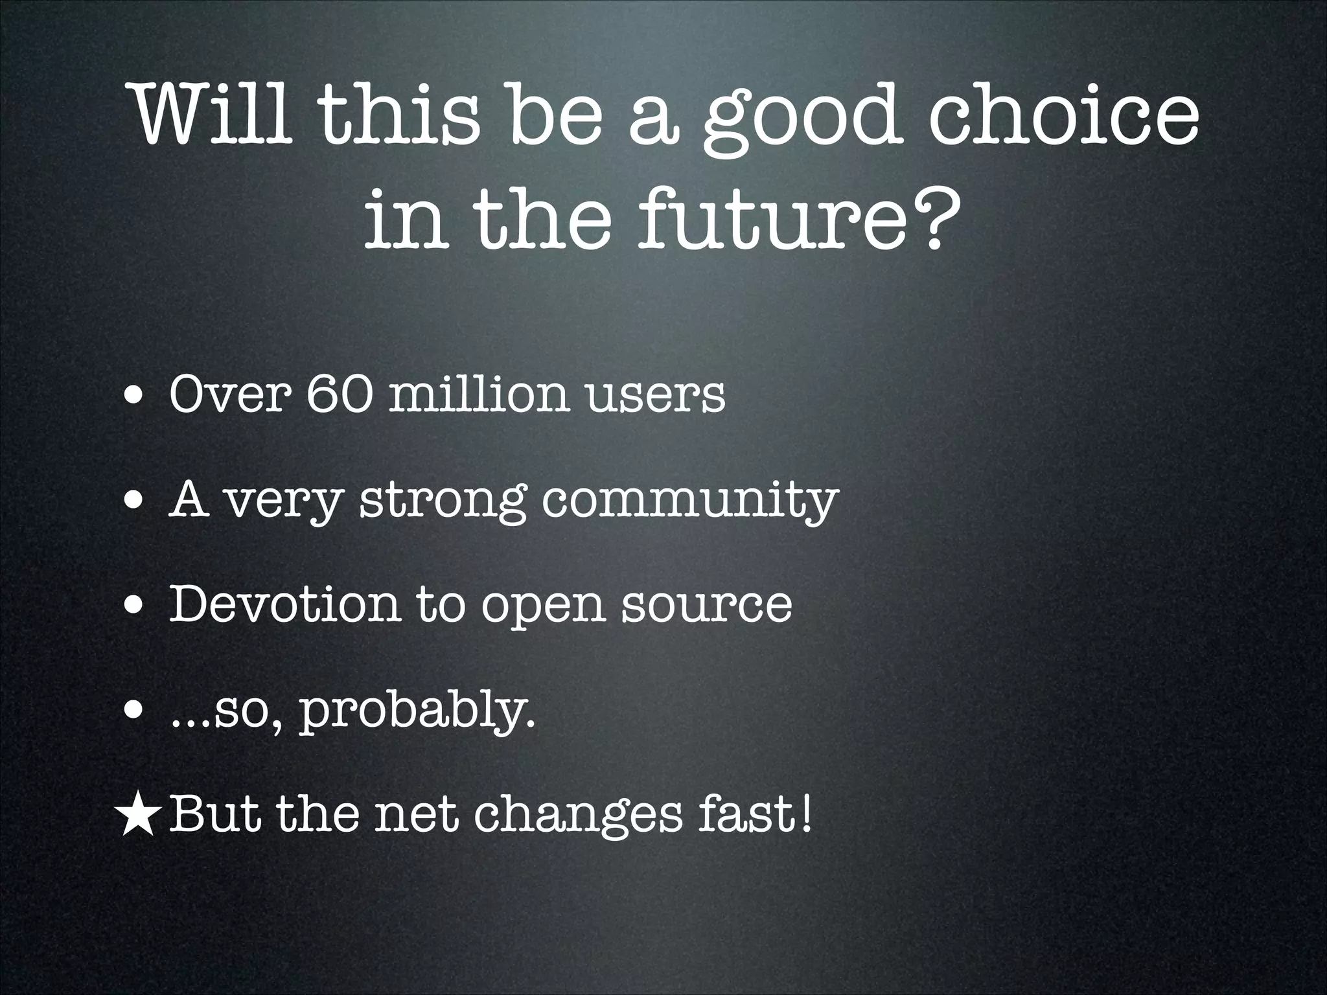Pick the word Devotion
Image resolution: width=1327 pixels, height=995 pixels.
point(284,604)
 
